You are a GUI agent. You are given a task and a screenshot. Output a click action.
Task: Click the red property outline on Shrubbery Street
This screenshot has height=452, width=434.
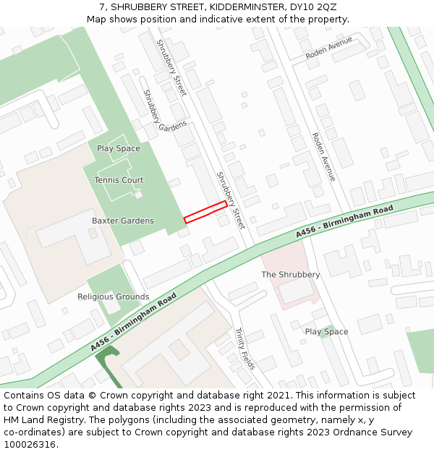(x=205, y=212)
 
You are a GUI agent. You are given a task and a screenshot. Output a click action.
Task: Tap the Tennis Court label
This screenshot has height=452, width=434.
(x=119, y=180)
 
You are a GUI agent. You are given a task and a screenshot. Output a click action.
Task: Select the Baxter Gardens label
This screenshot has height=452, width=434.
(x=123, y=221)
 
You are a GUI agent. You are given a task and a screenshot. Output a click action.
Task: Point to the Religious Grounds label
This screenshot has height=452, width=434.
(x=114, y=297)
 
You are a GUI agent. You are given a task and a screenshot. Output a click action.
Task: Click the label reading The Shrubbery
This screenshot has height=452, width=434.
(x=290, y=275)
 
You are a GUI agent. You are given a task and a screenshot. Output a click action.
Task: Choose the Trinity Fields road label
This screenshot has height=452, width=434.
(x=244, y=349)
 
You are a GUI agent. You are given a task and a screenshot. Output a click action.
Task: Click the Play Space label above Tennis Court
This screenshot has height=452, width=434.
(x=119, y=148)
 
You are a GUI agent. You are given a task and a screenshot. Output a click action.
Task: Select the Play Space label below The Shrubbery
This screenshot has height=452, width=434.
(x=326, y=332)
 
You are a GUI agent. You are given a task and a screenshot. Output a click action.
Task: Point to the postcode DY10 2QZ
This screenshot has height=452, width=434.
(x=316, y=7)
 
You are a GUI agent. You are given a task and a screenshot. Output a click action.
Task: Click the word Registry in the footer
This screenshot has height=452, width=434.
(x=71, y=420)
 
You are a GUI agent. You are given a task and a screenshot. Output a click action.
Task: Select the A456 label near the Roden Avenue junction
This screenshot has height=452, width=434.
(x=307, y=232)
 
